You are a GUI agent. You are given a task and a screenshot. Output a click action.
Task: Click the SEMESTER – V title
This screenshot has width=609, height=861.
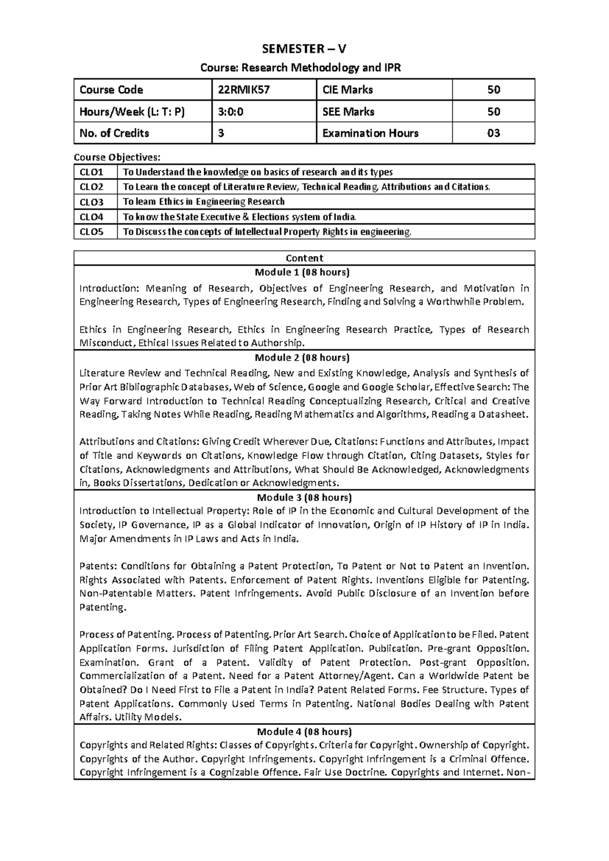point(304,49)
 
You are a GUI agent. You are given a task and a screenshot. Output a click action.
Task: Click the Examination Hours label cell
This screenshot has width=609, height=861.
point(370,133)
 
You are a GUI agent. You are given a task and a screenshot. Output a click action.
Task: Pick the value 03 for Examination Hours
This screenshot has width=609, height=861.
point(493,133)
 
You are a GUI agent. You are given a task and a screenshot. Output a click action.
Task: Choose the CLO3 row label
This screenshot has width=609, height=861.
point(91,202)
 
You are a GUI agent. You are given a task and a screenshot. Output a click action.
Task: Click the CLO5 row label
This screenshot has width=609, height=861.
point(91,232)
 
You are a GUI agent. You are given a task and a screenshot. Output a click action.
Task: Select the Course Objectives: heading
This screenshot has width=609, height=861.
point(117,157)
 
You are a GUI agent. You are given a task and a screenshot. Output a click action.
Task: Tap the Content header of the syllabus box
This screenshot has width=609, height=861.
point(304,258)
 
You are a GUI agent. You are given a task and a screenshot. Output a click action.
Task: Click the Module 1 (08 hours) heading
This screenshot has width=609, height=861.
point(304,272)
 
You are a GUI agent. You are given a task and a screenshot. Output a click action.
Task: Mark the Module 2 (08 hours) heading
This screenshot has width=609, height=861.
point(304,357)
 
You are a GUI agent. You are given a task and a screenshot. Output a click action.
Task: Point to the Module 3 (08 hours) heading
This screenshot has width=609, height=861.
point(304,497)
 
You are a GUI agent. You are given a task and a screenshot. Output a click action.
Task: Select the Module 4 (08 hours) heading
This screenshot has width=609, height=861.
point(304,732)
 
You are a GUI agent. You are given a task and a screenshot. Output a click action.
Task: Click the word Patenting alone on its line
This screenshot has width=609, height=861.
point(103,607)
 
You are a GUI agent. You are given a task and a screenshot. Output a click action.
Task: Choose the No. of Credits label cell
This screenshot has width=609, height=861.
point(114,133)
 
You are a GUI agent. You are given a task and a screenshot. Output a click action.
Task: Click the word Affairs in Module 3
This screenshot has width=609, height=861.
point(95,717)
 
